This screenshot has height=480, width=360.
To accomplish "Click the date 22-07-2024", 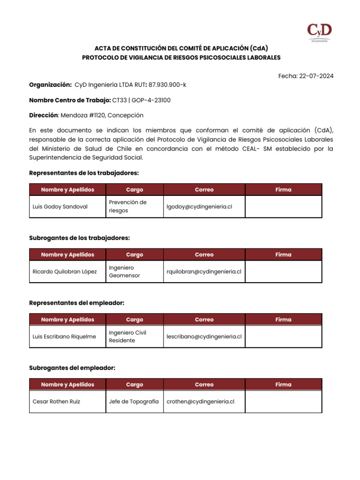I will click(317, 76).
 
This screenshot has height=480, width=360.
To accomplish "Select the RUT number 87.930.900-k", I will click(167, 85).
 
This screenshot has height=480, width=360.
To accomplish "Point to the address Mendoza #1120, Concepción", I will click(102, 115).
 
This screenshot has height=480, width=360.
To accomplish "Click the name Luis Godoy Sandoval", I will click(60, 207).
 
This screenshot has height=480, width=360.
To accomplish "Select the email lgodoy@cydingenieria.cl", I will click(199, 207).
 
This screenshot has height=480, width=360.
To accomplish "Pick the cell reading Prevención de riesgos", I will click(128, 207).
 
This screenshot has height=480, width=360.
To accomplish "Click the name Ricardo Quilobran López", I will click(65, 271).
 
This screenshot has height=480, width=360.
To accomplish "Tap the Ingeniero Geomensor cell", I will click(125, 271).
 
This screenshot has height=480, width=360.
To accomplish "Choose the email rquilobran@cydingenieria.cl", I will click(204, 271).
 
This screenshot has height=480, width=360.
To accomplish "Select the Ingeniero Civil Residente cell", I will click(128, 337).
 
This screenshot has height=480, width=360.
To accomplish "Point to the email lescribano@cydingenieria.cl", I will click(204, 337).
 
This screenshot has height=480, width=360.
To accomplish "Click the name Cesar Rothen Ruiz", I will click(56, 402).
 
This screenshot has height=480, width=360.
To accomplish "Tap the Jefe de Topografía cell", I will click(134, 402).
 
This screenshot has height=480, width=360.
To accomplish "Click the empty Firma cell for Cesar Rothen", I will click(284, 402).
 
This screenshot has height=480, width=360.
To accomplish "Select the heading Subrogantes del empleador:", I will click(72, 368).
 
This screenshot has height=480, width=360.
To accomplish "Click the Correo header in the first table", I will click(204, 190).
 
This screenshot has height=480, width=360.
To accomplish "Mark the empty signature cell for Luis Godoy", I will click(284, 207).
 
